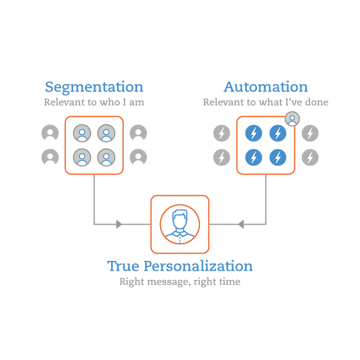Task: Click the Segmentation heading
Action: (x=94, y=87)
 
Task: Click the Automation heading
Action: (x=266, y=87)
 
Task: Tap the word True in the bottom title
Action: (x=123, y=266)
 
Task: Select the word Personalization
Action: (x=198, y=266)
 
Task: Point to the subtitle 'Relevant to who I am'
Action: (x=94, y=102)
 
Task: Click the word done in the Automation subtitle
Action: (x=317, y=102)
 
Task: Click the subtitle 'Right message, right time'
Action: (x=180, y=282)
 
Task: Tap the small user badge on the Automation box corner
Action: (x=292, y=119)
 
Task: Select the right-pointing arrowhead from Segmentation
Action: (x=119, y=224)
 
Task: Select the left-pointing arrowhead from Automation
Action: (x=241, y=224)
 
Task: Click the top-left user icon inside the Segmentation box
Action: (x=82, y=133)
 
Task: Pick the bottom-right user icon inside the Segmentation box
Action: (x=107, y=157)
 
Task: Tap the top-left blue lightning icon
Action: (x=253, y=133)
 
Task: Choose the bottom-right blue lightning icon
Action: (x=278, y=157)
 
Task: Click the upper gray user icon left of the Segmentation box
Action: (x=50, y=132)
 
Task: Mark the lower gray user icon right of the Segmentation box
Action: (x=138, y=157)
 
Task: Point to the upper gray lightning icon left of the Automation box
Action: (x=222, y=133)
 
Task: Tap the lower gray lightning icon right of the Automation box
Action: (x=310, y=157)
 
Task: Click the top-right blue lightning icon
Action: (x=278, y=133)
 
